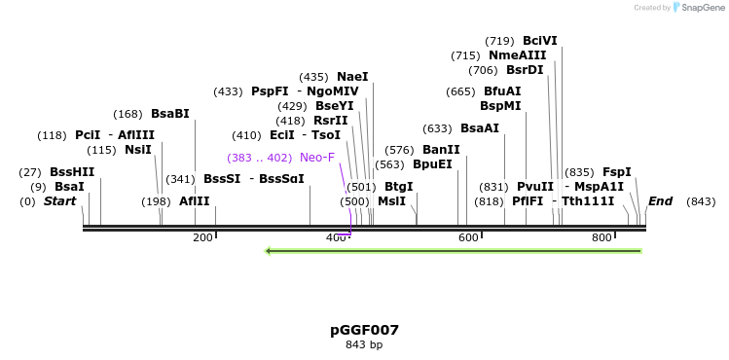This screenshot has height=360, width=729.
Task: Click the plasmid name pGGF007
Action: [x=364, y=330]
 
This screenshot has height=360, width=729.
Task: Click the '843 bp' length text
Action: [x=364, y=344]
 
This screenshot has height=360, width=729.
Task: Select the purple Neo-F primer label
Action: [x=317, y=158]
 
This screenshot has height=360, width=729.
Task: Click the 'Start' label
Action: [x=59, y=201]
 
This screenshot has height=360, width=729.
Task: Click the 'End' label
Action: [x=660, y=201]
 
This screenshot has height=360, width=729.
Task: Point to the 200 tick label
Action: [x=202, y=238]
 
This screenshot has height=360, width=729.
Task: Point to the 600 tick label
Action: [x=468, y=238]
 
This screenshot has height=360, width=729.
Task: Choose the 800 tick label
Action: [x=601, y=238]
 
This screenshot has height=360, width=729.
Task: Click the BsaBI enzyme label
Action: [x=170, y=114]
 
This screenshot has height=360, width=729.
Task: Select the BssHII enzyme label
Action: [x=72, y=172]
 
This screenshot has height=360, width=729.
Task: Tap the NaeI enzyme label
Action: [x=352, y=77]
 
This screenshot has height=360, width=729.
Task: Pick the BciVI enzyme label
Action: [x=540, y=41]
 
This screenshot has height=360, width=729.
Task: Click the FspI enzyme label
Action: [x=617, y=172]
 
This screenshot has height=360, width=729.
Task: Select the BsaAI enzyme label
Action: [x=480, y=128]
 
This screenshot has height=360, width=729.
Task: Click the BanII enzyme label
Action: [x=441, y=150]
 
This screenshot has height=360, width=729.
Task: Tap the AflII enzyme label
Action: [x=195, y=201]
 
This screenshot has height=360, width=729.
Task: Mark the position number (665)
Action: [x=460, y=91]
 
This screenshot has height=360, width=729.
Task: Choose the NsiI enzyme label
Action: [x=138, y=150]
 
